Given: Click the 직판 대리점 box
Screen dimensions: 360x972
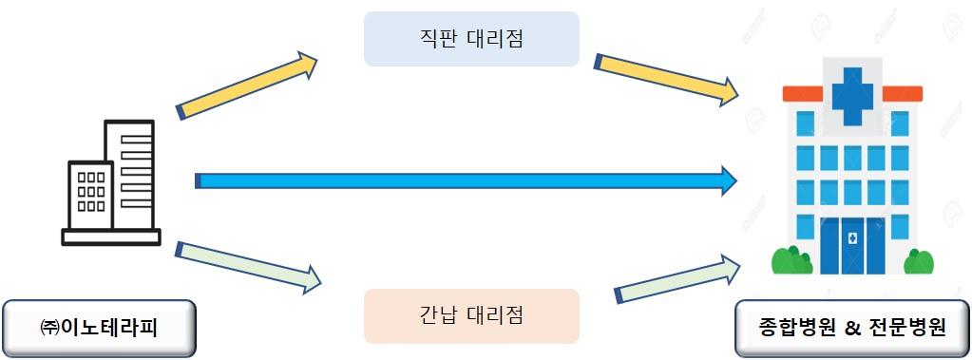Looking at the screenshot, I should [471, 39].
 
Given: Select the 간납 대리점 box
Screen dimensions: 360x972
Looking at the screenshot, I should [471, 315].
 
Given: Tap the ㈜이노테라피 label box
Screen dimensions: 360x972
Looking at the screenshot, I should [100, 329].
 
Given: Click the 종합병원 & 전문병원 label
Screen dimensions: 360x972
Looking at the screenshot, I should [852, 329].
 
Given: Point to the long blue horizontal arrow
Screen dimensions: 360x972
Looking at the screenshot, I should [456, 180].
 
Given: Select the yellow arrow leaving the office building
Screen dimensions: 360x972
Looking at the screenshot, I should [247, 86].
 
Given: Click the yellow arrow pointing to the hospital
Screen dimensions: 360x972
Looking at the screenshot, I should [665, 78].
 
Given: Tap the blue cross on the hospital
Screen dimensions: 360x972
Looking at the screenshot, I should [852, 93].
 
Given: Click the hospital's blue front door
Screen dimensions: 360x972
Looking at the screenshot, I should [852, 245].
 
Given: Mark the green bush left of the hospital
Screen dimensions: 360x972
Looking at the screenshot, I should [791, 260].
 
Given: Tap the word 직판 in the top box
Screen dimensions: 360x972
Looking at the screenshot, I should [434, 39].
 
